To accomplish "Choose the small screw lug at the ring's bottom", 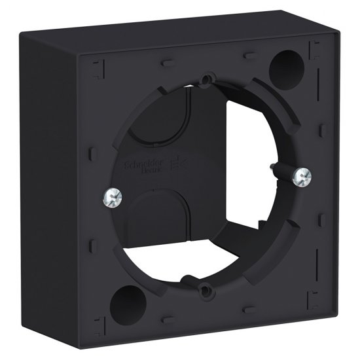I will (x=205, y=286).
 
